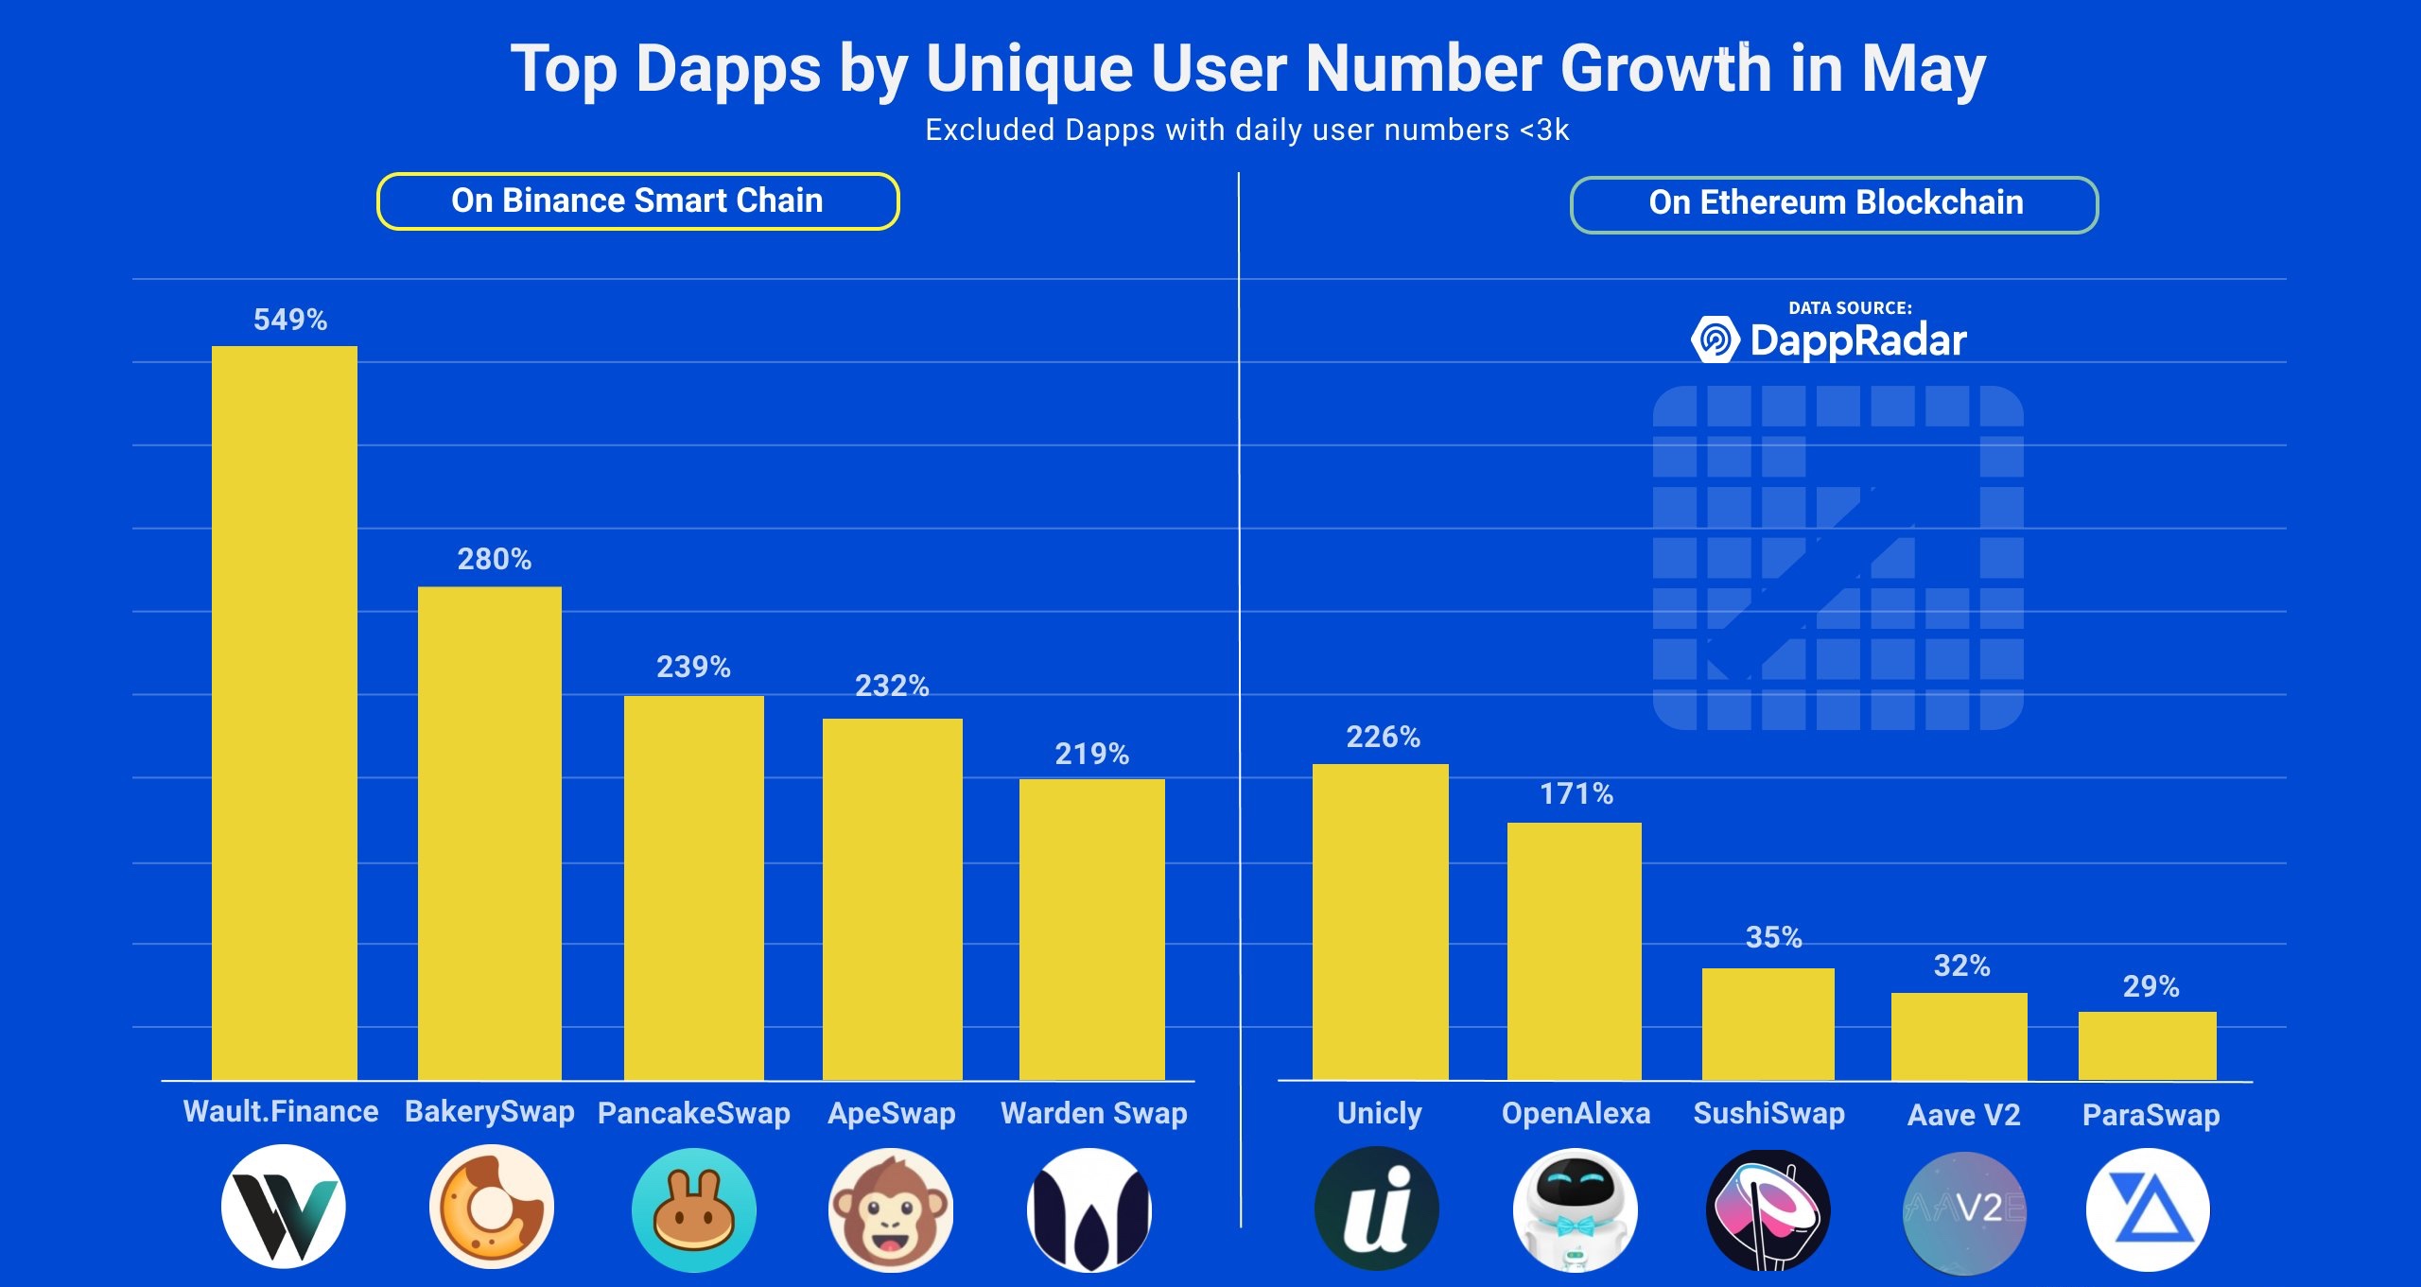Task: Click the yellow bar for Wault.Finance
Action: coord(285,713)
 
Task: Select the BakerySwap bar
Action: coord(490,833)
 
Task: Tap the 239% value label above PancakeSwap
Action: coord(693,668)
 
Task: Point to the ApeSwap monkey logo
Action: coord(891,1209)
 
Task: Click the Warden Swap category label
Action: coord(1094,1113)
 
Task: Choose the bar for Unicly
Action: coord(1381,922)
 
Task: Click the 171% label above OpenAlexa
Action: coord(1576,793)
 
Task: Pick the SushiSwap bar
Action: coord(1768,1024)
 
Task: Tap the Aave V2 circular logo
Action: coord(1964,1210)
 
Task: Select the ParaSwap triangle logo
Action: coord(2148,1209)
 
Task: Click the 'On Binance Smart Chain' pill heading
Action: coord(637,201)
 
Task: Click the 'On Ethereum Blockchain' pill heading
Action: coord(1835,203)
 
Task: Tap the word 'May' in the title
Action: coord(1924,69)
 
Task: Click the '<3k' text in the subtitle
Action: coord(1544,130)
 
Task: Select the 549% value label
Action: coord(290,320)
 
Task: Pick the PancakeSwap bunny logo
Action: coord(694,1209)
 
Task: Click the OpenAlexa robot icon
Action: coord(1575,1209)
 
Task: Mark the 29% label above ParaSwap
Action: coord(2151,987)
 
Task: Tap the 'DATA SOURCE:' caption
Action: coord(1850,307)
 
